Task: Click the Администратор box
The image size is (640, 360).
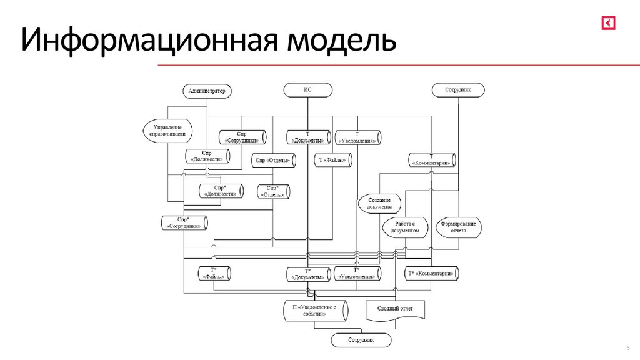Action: pyautogui.click(x=207, y=91)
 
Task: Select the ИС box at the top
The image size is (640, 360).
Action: pyautogui.click(x=307, y=90)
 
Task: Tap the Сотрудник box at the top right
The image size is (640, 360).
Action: pyautogui.click(x=457, y=90)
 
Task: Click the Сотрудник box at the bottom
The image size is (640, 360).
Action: pyautogui.click(x=361, y=340)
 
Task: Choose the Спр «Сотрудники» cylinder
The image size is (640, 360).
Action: pyautogui.click(x=242, y=137)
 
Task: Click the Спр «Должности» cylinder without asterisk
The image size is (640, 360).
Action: pyautogui.click(x=207, y=156)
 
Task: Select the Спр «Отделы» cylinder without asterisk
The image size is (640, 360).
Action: pyautogui.click(x=273, y=161)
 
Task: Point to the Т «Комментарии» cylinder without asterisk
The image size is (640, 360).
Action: pyautogui.click(x=432, y=159)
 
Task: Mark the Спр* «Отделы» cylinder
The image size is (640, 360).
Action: pyautogui.click(x=273, y=191)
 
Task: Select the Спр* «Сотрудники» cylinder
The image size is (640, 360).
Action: pyautogui.click(x=184, y=223)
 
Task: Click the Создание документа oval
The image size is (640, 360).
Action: pyautogui.click(x=379, y=203)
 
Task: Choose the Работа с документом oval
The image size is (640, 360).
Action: pyautogui.click(x=405, y=227)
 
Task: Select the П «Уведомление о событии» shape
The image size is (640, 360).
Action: pyautogui.click(x=315, y=311)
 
